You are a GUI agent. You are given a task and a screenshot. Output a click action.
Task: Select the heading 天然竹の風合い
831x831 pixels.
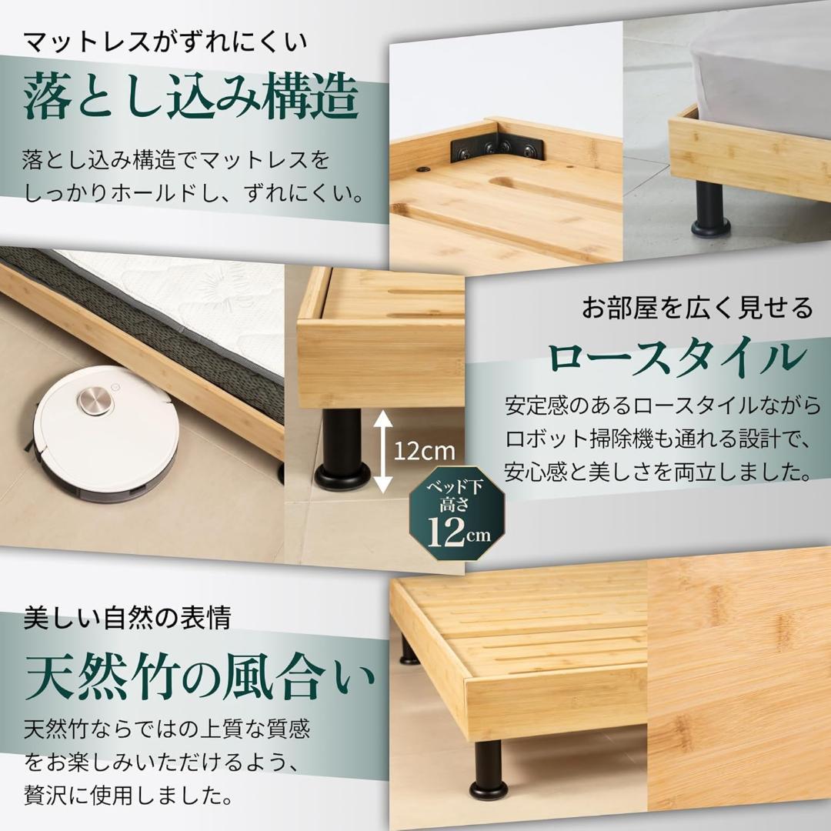[200, 677]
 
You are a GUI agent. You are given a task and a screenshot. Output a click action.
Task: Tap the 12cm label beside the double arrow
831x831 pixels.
[425, 449]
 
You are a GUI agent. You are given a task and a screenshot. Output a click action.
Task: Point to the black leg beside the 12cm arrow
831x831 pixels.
[342, 449]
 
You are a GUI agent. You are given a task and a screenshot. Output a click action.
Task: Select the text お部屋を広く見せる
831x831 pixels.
[697, 309]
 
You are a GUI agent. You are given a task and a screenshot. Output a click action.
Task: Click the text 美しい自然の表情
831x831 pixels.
[127, 616]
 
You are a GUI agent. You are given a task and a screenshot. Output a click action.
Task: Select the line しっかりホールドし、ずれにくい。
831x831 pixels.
[192, 193]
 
